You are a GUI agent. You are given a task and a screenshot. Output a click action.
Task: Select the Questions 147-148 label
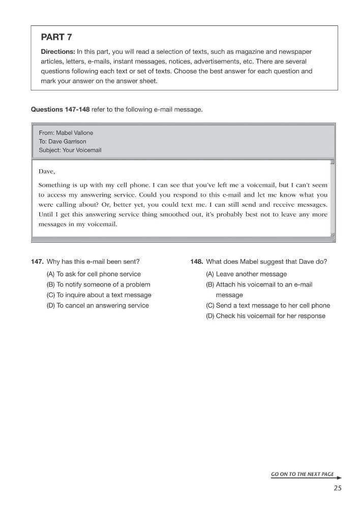click(60, 109)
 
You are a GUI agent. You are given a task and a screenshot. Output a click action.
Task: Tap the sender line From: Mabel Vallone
click(66, 133)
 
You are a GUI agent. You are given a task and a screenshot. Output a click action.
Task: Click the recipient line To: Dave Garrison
click(63, 141)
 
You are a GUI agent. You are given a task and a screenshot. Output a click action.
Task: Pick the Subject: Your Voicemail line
click(70, 150)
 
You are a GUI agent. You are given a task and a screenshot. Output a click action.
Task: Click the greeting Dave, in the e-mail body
click(47, 171)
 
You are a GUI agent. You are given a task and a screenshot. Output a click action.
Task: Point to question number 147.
click(37, 262)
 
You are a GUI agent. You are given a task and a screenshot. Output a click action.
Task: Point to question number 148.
click(197, 262)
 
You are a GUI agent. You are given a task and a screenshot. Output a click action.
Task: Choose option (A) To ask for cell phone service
click(94, 274)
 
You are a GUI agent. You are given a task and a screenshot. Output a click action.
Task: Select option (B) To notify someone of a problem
click(98, 284)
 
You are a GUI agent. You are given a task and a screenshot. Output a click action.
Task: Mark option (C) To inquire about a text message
click(99, 295)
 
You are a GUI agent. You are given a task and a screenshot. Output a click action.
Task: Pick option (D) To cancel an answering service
click(98, 305)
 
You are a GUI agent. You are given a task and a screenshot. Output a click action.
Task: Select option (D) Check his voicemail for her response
click(265, 316)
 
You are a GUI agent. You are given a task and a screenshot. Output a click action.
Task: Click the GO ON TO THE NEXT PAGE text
click(303, 474)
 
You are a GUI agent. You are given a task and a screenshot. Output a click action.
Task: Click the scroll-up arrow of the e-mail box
click(333, 163)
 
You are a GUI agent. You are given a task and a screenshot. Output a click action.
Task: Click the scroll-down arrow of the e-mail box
click(333, 234)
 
